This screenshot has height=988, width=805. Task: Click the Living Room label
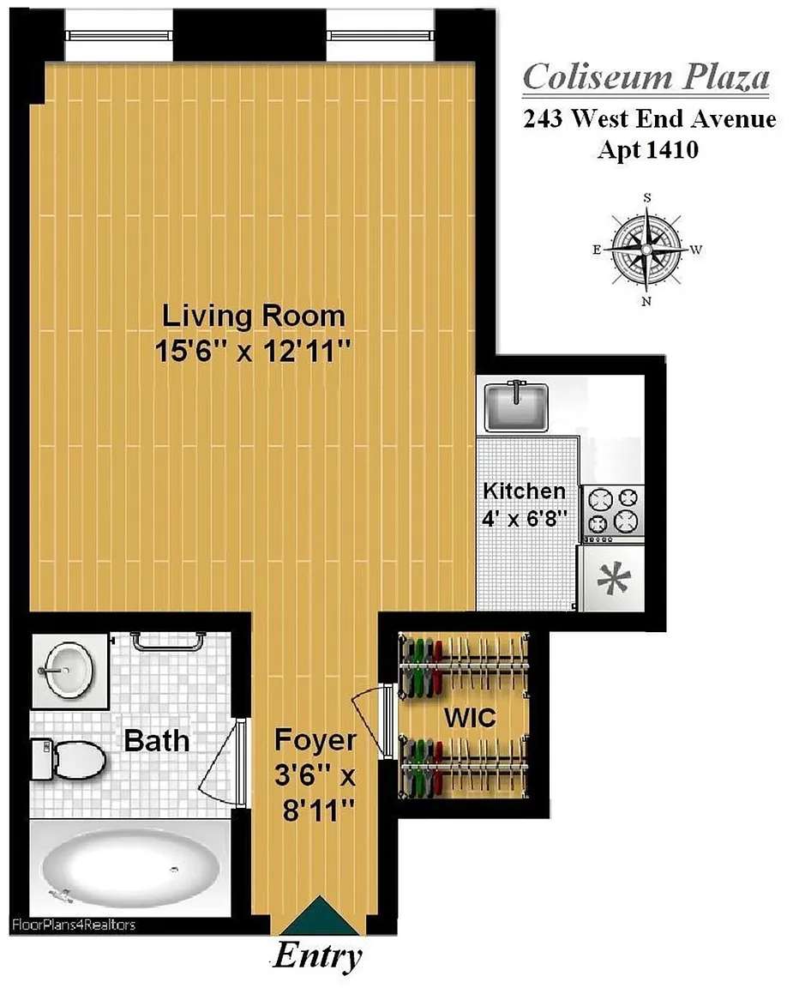253,316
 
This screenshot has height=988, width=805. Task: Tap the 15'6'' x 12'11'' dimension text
253,351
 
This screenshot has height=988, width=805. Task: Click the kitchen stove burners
613,511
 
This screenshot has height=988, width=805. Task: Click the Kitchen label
524,491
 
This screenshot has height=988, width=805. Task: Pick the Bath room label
156,740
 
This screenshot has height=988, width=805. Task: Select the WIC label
470,718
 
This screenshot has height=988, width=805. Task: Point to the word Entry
318,956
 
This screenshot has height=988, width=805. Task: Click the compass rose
647,250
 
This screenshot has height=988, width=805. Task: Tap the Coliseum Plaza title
646,77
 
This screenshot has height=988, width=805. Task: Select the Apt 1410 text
648,150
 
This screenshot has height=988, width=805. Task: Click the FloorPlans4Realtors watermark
74,925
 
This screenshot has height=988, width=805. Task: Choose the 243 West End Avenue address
650,118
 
